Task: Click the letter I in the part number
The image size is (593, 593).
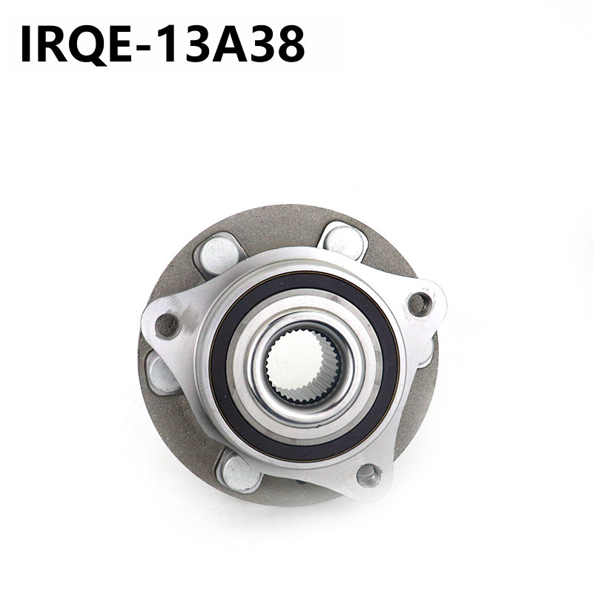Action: pyautogui.click(x=25, y=44)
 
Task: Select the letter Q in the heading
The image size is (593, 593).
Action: pyautogui.click(x=88, y=45)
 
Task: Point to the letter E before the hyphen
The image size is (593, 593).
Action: pyautogui.click(x=120, y=44)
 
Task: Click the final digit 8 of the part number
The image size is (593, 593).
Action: pyautogui.click(x=291, y=44)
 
